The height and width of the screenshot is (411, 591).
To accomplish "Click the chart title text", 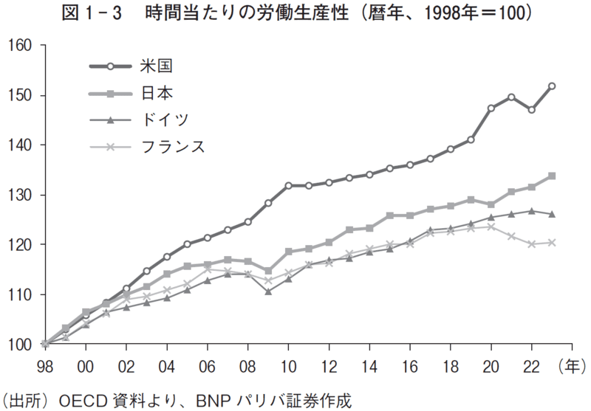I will (x=295, y=14).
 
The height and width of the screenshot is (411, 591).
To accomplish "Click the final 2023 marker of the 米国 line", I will (x=552, y=86).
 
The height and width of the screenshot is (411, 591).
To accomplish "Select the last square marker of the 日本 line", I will (x=552, y=176).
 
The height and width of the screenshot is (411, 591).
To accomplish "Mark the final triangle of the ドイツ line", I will (x=552, y=214).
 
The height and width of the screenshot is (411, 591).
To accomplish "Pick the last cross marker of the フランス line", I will (x=552, y=242).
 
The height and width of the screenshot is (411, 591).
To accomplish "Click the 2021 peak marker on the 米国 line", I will (x=511, y=97).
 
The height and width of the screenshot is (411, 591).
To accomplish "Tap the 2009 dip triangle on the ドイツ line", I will (x=268, y=291).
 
